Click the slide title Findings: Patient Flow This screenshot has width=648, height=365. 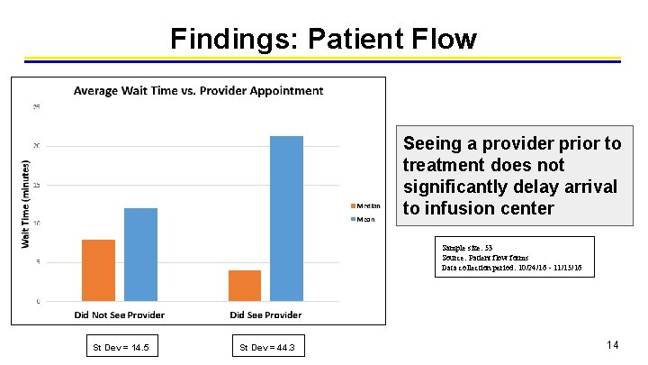point(323,39)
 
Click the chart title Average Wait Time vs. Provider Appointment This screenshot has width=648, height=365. point(198,90)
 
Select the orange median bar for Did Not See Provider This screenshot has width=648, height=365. point(98,270)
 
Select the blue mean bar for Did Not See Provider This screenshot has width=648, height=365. point(140,254)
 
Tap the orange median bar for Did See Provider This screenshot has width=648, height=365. point(245,285)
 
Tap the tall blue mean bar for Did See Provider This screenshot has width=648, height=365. point(287,218)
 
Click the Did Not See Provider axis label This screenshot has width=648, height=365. point(119,315)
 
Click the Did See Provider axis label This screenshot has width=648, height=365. point(265,315)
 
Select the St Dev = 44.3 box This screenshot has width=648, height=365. point(267,347)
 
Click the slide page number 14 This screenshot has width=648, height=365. point(612,345)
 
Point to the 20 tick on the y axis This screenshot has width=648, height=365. point(36,146)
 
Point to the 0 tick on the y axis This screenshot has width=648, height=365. point(37,301)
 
